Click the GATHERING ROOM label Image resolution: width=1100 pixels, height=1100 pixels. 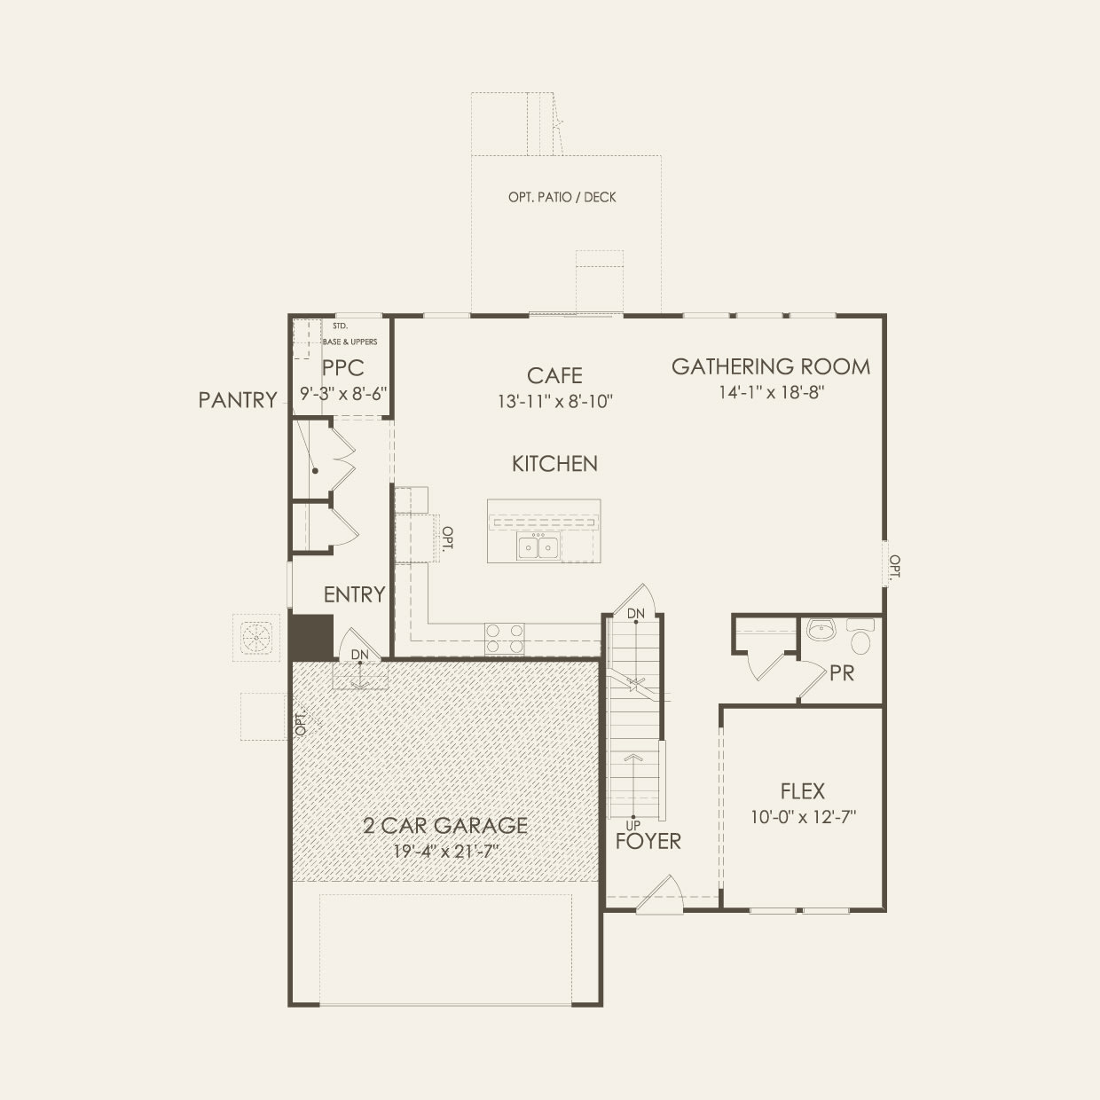[x=770, y=366]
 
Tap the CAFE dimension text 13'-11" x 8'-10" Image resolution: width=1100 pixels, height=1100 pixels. [x=555, y=402]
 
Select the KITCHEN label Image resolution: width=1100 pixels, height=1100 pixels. [x=554, y=463]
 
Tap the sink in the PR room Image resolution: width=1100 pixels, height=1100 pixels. [x=822, y=632]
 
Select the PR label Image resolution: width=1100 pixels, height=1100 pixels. [x=842, y=673]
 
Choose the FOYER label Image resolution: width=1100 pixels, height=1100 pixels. [x=648, y=841]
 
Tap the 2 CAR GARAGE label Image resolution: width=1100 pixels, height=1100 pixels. [x=445, y=826]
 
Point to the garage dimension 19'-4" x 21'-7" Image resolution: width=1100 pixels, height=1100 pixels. [x=445, y=852]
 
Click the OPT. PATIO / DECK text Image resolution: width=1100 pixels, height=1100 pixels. [x=562, y=197]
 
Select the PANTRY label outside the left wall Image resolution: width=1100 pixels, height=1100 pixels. [x=237, y=400]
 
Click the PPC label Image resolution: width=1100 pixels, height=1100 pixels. [x=342, y=368]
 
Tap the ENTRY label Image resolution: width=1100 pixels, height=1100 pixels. [x=354, y=594]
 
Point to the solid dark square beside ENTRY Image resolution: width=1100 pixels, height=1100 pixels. [x=310, y=637]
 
